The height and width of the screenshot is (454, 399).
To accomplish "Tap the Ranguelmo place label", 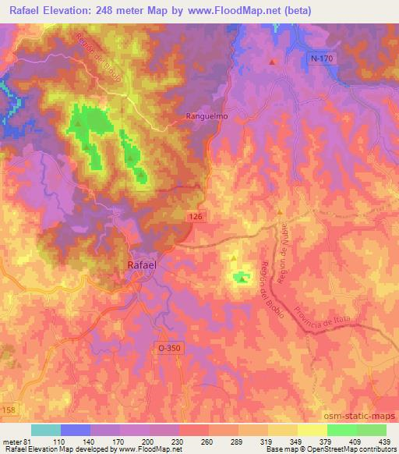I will click(x=207, y=116).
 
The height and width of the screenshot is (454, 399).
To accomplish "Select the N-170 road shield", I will click(x=321, y=59).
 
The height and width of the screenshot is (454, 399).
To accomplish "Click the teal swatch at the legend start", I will click(x=46, y=430).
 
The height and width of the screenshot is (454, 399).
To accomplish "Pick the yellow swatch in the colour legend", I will click(x=312, y=430).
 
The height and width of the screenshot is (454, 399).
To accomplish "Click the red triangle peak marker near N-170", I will click(x=272, y=62).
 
